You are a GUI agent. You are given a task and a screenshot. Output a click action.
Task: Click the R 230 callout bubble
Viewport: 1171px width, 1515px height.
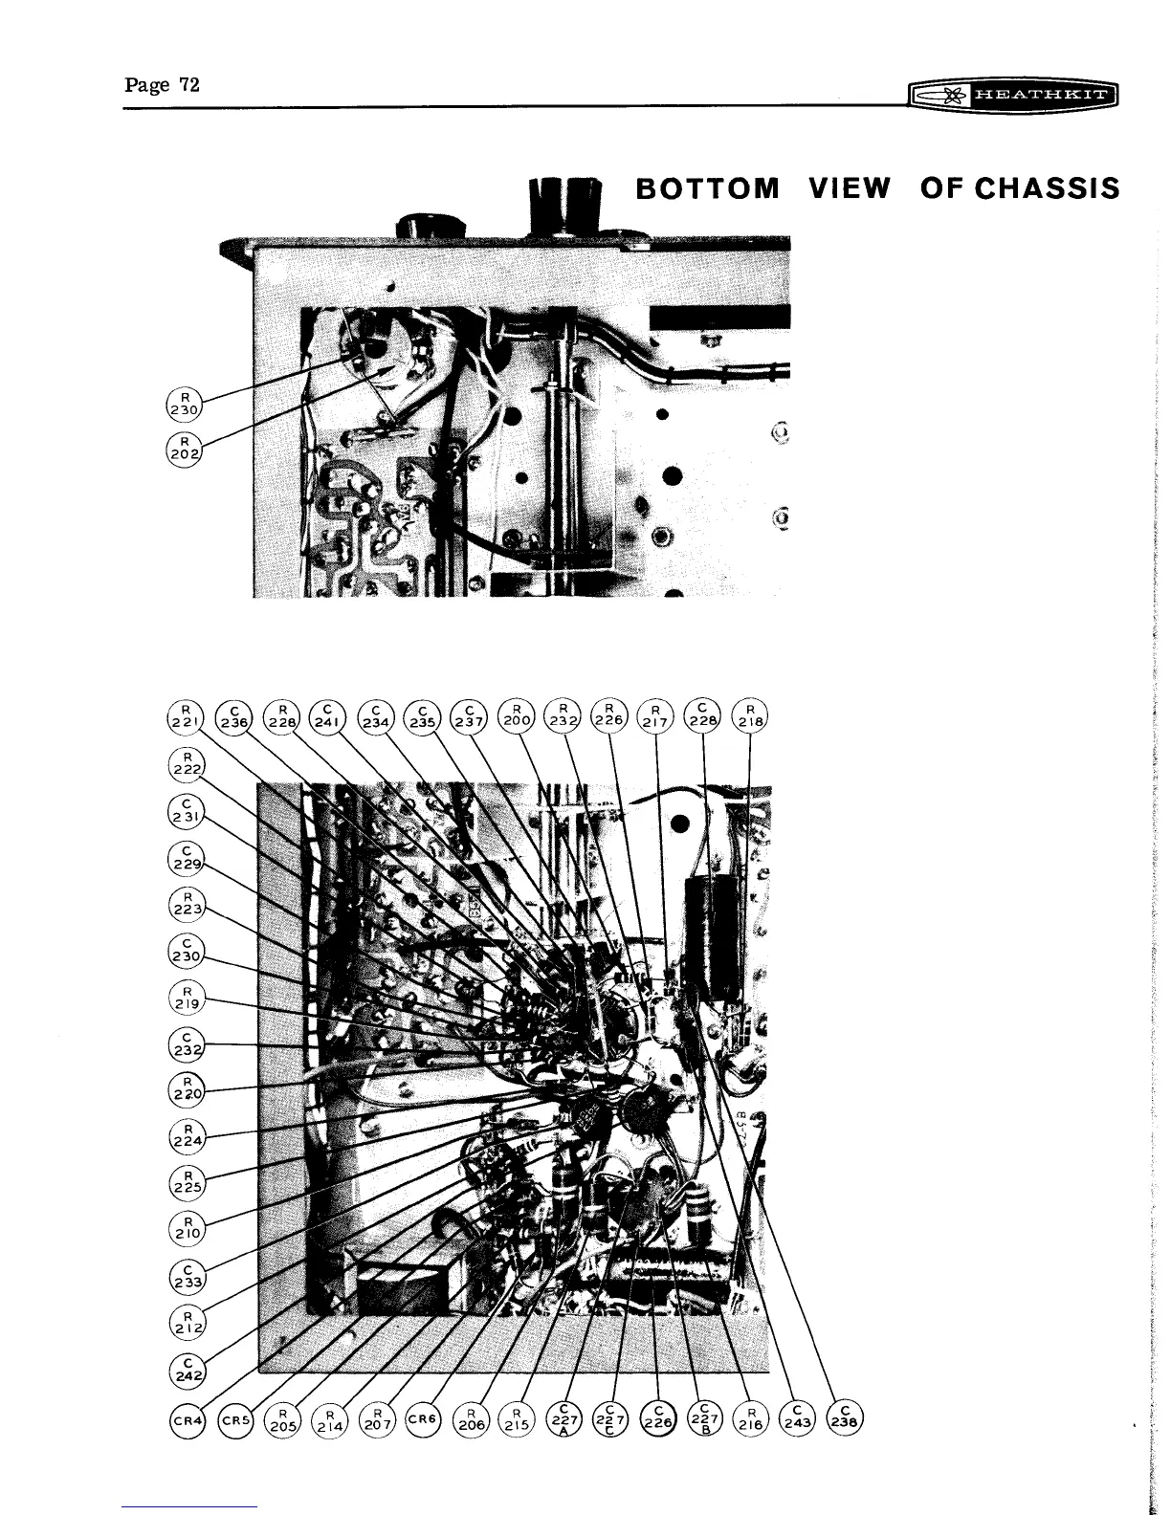183,403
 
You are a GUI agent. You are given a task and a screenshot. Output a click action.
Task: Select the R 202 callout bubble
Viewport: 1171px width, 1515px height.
183,445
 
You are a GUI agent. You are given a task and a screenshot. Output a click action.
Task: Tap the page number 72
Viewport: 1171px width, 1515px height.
188,85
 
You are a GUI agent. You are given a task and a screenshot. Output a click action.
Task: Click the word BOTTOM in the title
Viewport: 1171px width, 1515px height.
708,187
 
